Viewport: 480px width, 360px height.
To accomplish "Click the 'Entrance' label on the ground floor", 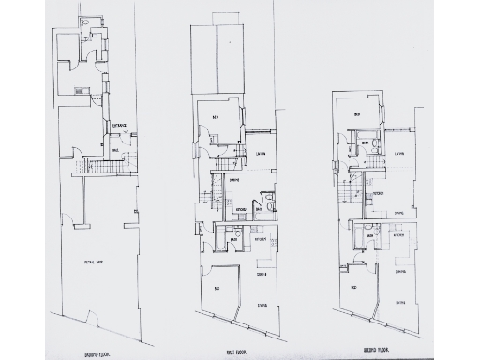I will [120, 125].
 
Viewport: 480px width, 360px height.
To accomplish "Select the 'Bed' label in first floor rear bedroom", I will [217, 118].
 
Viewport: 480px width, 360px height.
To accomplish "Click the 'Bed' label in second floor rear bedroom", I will [357, 115].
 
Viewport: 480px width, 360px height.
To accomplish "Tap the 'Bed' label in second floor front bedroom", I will [354, 287].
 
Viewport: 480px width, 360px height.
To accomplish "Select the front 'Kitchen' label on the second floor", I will [398, 235].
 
